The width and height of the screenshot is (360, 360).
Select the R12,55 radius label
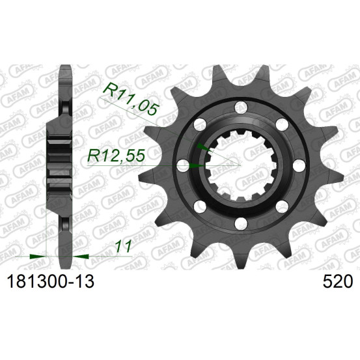(117, 156)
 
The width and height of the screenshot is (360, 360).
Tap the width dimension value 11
(124, 246)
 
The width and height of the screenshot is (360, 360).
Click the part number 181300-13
(51, 281)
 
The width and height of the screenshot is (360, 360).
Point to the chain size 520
(337, 281)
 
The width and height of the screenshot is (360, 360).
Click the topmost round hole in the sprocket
(241, 107)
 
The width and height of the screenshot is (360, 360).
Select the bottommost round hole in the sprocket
(241, 223)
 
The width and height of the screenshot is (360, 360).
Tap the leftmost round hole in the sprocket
(183, 165)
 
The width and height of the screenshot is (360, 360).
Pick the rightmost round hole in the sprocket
(299, 165)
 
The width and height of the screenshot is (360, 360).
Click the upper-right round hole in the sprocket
(282, 124)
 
